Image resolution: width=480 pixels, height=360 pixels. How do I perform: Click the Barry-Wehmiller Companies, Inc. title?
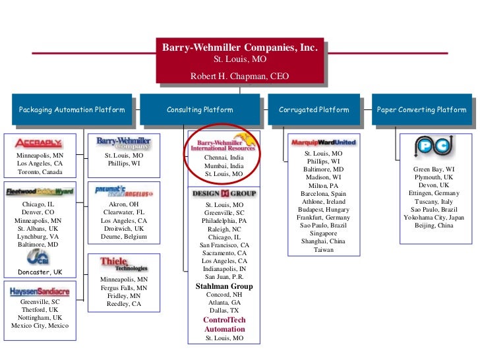240,48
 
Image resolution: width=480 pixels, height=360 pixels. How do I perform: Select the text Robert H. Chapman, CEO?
239,76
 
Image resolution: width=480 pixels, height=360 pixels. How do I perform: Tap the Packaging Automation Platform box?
72,110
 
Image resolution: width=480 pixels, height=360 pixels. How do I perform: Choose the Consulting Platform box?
200,110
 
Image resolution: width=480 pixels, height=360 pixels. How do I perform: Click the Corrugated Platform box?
314,110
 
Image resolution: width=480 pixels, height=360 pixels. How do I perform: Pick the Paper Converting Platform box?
422,110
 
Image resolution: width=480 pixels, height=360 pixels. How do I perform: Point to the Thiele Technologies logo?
123,264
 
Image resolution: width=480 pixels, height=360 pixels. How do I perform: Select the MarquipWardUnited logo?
323,142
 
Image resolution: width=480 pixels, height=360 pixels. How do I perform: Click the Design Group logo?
224,194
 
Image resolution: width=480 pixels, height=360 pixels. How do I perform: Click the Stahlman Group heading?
224,287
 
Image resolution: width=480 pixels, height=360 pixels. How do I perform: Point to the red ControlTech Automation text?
224,324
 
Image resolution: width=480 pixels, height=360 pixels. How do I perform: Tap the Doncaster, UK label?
40,272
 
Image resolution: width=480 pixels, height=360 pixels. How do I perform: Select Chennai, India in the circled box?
224,159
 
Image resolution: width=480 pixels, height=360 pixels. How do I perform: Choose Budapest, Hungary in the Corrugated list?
324,210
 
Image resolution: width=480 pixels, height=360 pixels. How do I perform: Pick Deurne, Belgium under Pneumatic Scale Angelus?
123,237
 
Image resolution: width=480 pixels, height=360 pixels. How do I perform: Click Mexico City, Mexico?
40,326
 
